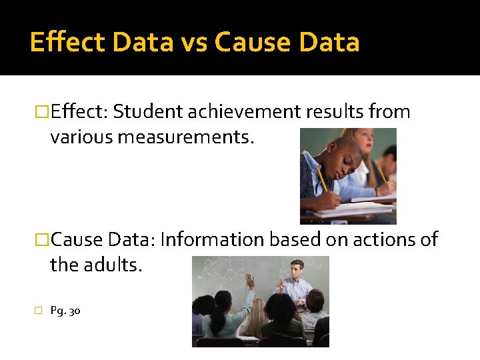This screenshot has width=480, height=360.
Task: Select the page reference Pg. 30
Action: click(x=65, y=311)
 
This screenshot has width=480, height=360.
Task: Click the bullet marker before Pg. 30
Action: click(x=38, y=311)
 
